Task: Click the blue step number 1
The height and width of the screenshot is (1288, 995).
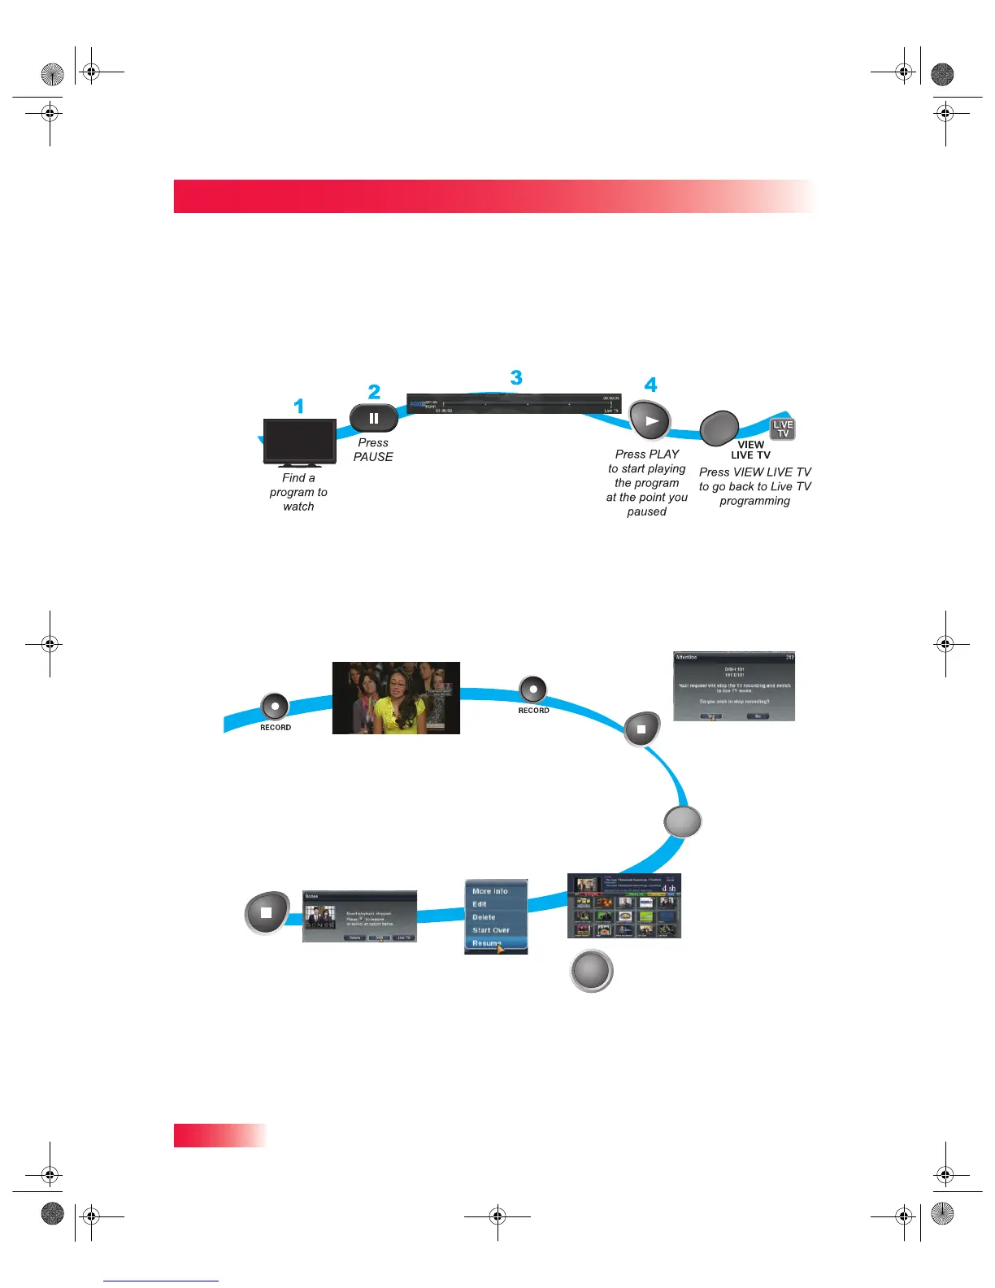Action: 299,406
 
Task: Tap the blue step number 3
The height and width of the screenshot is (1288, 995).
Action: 516,378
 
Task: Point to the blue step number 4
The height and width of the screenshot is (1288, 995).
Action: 650,385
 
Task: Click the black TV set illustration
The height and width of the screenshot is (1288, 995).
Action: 300,442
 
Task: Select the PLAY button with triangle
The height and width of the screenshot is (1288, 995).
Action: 650,421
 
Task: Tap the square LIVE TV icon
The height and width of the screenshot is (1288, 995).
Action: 782,429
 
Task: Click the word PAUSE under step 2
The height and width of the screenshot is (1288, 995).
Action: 373,457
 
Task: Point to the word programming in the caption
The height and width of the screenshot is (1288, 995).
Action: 754,501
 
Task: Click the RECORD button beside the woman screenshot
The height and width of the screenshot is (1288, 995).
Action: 275,707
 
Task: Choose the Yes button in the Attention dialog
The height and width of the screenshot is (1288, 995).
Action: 710,716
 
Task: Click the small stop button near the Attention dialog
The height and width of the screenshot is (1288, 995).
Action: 641,729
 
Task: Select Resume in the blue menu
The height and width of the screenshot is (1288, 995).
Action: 487,943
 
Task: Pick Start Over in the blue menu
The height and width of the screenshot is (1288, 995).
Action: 491,930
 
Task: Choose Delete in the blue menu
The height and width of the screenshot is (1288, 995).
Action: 484,917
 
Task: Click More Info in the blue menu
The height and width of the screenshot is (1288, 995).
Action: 490,891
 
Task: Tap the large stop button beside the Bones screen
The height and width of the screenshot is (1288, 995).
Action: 267,912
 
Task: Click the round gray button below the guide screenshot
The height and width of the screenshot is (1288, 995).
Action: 591,971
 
